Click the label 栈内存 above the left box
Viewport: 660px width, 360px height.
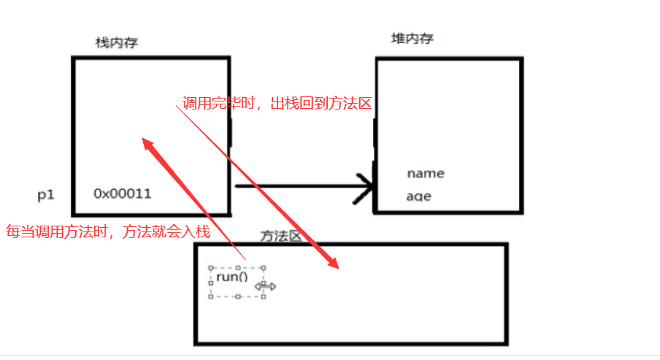pos(117,43)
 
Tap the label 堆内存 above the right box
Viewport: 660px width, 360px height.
pos(412,39)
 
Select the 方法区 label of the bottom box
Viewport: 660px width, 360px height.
pos(281,235)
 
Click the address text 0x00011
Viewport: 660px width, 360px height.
pos(122,194)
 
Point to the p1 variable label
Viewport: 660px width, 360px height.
pos(46,195)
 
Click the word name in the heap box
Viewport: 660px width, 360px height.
pos(426,174)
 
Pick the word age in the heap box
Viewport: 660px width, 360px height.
pos(418,196)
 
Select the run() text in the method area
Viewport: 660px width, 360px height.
pos(232,277)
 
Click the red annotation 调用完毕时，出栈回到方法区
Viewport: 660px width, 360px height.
pos(277,104)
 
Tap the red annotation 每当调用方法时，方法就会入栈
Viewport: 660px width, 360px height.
pos(108,232)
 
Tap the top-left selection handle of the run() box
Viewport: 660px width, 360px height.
pos(210,267)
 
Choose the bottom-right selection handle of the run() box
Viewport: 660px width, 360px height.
pos(264,296)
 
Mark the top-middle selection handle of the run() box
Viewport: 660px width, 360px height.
pos(237,267)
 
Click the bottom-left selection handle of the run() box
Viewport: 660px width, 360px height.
pos(210,296)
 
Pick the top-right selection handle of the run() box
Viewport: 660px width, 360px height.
pos(264,267)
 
